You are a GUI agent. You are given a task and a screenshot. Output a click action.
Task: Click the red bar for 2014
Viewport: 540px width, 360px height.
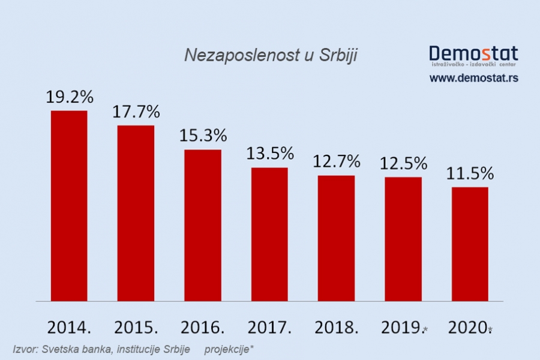click(69, 206)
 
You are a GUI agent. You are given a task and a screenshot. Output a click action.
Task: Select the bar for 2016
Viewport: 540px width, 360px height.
click(203, 225)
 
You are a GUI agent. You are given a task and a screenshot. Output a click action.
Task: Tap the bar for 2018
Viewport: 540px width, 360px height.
click(336, 238)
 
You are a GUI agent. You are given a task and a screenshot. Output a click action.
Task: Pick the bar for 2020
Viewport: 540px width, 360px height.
click(470, 244)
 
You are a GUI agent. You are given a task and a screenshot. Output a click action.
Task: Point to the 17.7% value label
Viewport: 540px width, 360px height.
click(136, 112)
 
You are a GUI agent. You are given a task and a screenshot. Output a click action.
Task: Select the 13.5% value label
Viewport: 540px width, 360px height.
click(270, 154)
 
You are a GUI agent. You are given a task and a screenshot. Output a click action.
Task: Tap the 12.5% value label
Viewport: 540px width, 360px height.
click(403, 163)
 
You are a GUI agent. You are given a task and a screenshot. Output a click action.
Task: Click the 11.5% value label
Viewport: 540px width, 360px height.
click(470, 174)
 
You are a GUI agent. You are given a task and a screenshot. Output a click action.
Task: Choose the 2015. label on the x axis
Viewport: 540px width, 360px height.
click(136, 328)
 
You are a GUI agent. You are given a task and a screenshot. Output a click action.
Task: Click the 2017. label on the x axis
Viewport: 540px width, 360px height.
click(270, 328)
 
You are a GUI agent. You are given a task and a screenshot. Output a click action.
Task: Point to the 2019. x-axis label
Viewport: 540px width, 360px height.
click(401, 328)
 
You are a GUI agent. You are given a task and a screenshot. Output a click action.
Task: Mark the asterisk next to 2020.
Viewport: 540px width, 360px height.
click(490, 329)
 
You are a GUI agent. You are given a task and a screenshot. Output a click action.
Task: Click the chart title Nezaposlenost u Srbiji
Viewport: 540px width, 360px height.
click(271, 55)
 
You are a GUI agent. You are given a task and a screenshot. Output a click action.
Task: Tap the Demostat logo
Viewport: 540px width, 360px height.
click(473, 55)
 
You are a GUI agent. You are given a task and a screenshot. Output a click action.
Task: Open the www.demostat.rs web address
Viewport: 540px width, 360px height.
click(473, 78)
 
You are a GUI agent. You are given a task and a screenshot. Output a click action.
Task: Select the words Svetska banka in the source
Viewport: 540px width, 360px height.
click(68, 349)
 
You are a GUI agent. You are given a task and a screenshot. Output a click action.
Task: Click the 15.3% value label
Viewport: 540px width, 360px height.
click(203, 135)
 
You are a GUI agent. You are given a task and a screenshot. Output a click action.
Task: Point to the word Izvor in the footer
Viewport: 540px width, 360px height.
click(24, 349)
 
